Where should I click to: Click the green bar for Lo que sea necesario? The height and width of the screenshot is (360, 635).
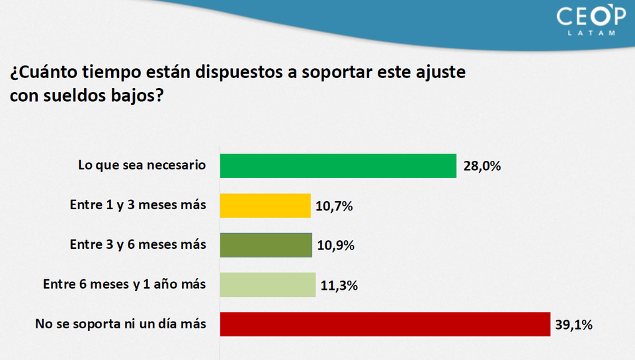(338, 166)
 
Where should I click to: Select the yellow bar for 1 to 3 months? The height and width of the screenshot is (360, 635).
(265, 206)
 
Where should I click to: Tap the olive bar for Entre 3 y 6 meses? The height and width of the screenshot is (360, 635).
(265, 245)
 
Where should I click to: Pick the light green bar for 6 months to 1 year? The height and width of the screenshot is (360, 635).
(267, 285)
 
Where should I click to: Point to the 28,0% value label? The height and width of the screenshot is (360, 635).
(482, 166)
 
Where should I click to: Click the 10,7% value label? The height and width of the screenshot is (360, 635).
(334, 206)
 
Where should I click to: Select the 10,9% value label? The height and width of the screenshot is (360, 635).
(335, 246)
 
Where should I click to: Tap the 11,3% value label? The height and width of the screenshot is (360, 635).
(338, 285)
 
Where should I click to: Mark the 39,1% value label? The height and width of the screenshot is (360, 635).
(573, 325)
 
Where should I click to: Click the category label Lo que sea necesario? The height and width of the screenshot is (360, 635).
(142, 165)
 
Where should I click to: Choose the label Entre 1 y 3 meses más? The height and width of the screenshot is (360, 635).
(138, 205)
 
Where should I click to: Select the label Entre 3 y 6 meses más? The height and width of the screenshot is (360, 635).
(138, 245)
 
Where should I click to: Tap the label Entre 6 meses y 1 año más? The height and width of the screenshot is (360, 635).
(124, 285)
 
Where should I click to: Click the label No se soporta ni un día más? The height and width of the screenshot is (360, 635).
(120, 324)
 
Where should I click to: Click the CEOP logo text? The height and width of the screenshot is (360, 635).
(591, 16)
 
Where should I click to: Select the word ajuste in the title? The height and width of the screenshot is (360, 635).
(442, 72)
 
